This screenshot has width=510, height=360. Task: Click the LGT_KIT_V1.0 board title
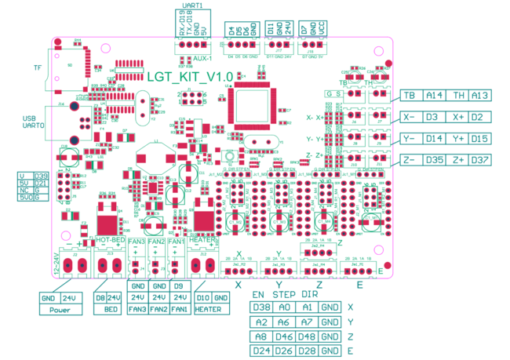click(190, 76)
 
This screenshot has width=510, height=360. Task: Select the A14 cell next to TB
click(435, 96)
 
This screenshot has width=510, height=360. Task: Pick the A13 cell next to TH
click(481, 96)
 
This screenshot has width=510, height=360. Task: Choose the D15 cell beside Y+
click(481, 140)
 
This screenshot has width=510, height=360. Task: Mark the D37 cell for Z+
click(481, 161)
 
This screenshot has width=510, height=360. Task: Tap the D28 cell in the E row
click(308, 350)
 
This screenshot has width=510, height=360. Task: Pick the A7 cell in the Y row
click(308, 322)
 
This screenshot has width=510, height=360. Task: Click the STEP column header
click(285, 293)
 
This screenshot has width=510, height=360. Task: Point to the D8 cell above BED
click(100, 298)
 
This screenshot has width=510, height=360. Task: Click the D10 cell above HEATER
click(201, 298)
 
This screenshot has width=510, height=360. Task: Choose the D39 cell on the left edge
click(42, 176)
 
